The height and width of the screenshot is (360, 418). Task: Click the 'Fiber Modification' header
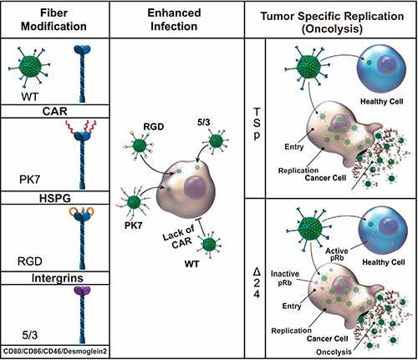54,19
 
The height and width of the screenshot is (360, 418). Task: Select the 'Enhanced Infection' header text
174,19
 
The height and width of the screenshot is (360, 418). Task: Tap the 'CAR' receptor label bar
55,111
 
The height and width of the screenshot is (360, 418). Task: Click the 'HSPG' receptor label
55,198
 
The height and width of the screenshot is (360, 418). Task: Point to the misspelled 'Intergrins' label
58,278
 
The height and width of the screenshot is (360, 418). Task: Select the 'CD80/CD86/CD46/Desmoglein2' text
55,351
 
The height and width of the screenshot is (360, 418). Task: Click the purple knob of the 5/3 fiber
82,291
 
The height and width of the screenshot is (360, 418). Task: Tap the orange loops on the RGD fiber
82,211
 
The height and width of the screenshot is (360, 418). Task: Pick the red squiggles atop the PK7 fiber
81,126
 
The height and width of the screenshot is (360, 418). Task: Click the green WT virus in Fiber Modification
30,66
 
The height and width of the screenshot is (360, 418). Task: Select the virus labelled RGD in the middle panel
140,145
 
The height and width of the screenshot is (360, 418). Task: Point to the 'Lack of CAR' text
179,237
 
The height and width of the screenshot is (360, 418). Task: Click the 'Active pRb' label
337,254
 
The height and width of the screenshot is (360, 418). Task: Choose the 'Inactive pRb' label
285,278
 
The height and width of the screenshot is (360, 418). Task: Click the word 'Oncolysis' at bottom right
334,352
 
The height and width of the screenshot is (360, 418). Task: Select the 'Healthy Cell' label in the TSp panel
382,101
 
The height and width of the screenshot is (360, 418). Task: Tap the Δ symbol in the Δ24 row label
257,271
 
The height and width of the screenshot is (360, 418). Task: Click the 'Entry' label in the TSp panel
294,146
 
